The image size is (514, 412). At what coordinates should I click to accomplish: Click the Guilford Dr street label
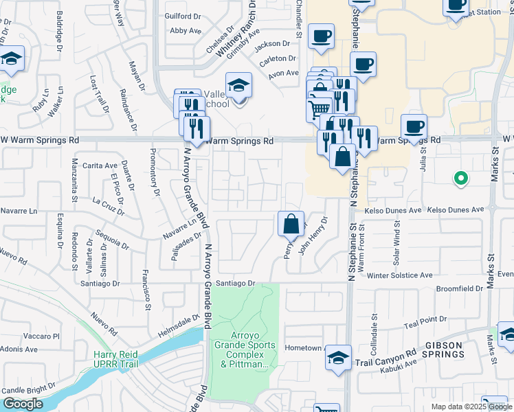[x=182, y=15]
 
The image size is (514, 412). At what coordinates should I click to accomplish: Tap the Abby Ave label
[x=186, y=31]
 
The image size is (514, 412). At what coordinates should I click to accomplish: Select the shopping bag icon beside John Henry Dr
[x=291, y=225]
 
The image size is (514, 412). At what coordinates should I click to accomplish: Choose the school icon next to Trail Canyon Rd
[x=338, y=358]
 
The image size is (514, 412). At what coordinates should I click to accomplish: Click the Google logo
[x=23, y=404]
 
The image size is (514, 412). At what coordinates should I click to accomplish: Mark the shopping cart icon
[x=318, y=108]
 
